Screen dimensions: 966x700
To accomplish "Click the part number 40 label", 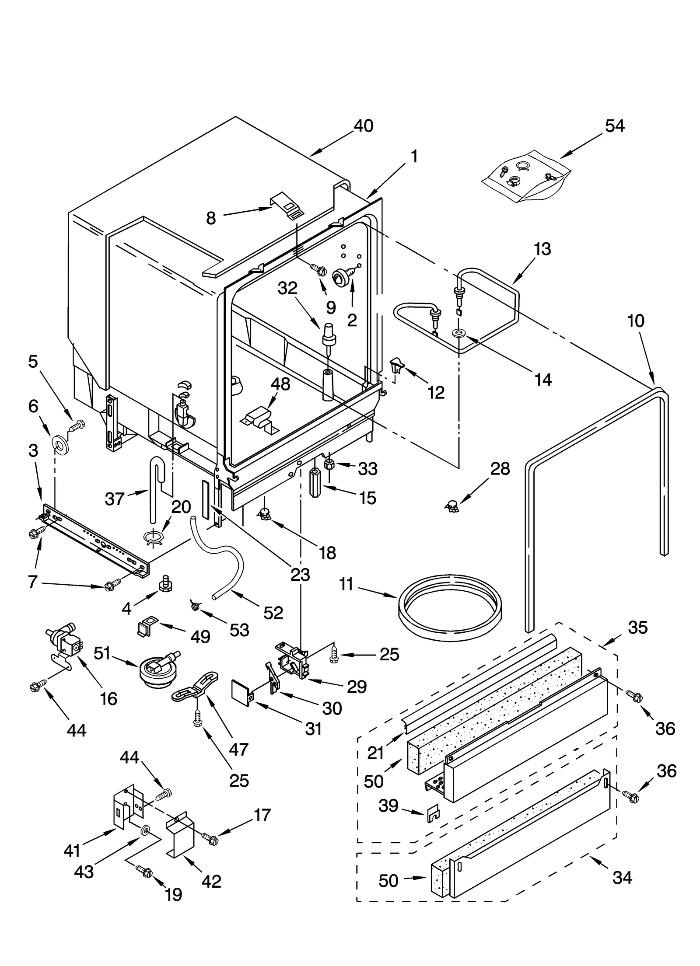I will coord(363,126).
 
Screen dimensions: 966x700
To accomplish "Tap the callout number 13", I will coord(542,249).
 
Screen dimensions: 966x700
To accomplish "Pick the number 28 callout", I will coord(500,469).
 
